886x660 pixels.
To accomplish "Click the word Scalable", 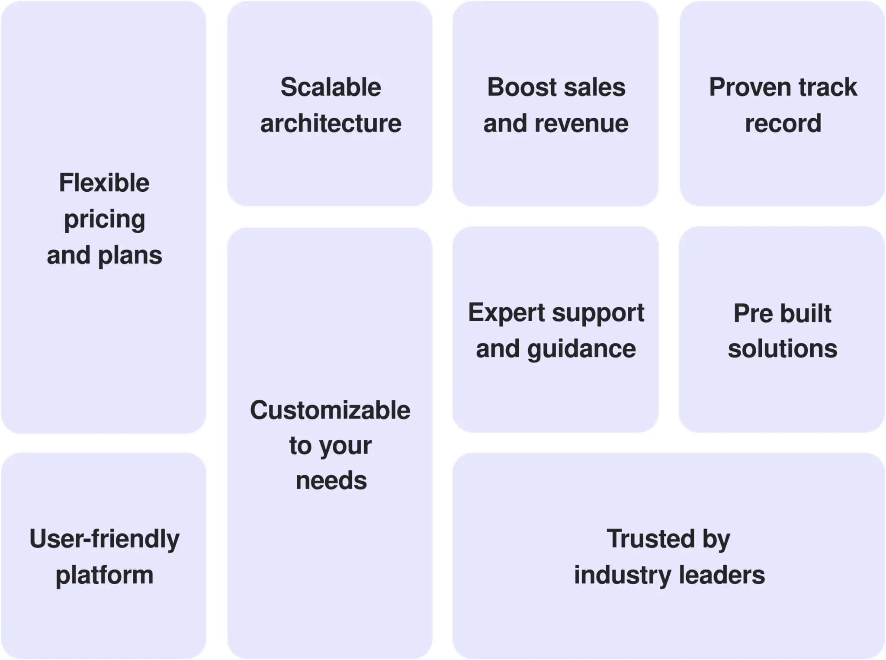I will click(x=331, y=87).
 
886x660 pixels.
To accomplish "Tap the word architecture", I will click(x=331, y=123).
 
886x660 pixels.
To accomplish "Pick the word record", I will click(x=783, y=123).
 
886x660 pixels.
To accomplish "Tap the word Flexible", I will click(x=104, y=183).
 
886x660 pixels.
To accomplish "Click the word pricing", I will click(x=104, y=220).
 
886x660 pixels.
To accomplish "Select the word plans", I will click(x=130, y=256).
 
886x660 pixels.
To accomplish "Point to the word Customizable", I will click(x=330, y=410).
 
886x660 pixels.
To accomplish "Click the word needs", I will click(x=331, y=481).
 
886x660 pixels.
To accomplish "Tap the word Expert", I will click(x=506, y=313).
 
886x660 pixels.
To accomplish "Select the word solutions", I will click(x=782, y=349).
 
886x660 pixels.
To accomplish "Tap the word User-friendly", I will click(x=104, y=539).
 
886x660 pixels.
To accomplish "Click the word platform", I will click(x=104, y=576).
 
